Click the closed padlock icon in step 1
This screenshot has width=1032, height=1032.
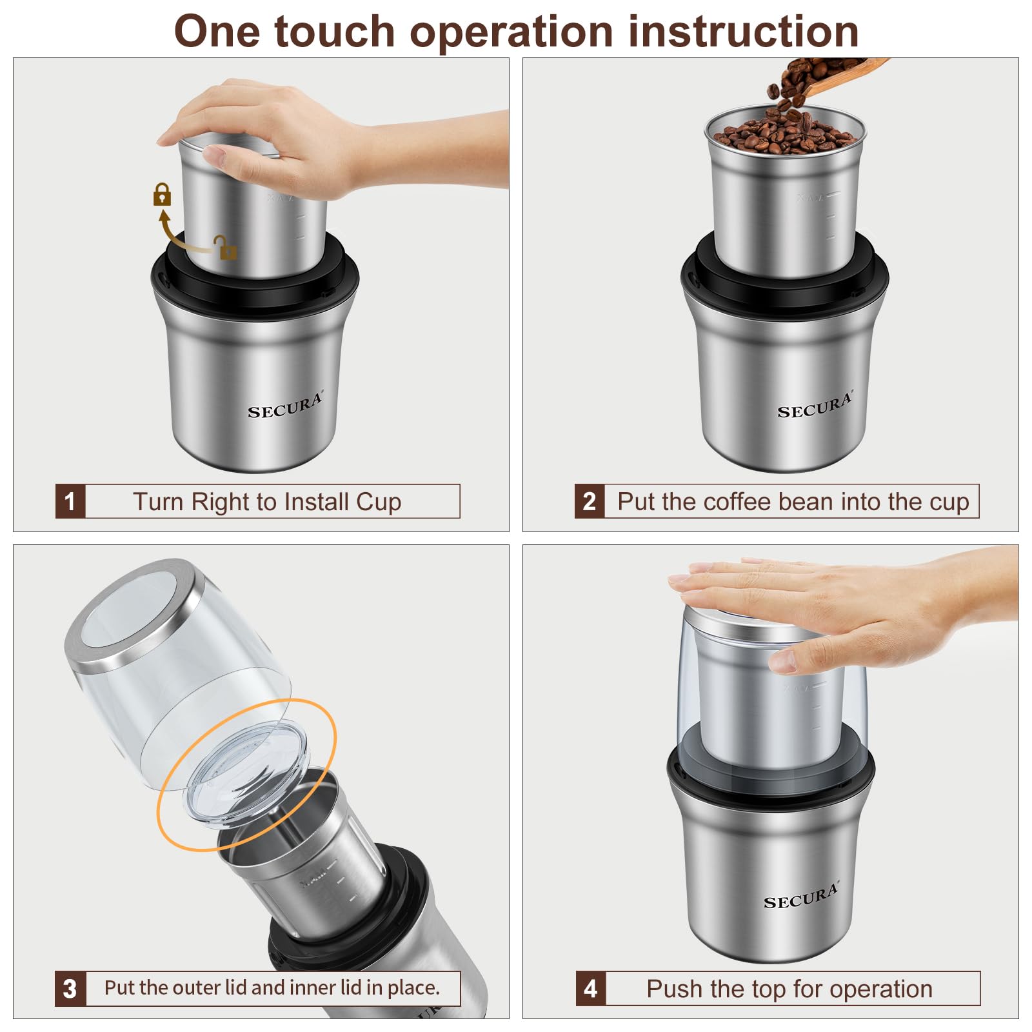pyautogui.click(x=162, y=194)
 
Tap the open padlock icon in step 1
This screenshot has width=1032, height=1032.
pyautogui.click(x=226, y=248)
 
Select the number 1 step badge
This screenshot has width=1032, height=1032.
pyautogui.click(x=70, y=501)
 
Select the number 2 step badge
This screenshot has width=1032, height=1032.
pyautogui.click(x=589, y=501)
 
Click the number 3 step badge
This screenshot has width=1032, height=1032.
pyautogui.click(x=70, y=988)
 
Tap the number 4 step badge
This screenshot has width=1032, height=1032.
pyautogui.click(x=590, y=988)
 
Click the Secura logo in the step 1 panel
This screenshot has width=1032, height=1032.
pyautogui.click(x=284, y=406)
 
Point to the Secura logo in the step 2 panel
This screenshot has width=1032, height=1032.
pyautogui.click(x=814, y=406)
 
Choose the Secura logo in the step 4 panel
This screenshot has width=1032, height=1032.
pyautogui.click(x=800, y=897)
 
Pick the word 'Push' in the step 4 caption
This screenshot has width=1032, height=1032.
pyautogui.click(x=675, y=989)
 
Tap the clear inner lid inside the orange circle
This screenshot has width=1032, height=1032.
pyautogui.click(x=248, y=774)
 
